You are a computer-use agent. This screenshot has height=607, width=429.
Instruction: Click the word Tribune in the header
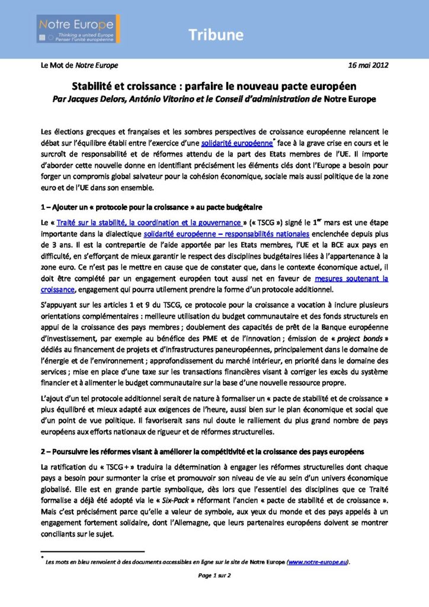click(x=216, y=35)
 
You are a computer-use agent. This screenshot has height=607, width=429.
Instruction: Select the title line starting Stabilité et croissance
click(x=214, y=86)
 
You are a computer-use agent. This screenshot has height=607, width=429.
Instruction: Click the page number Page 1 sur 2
click(x=214, y=575)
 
